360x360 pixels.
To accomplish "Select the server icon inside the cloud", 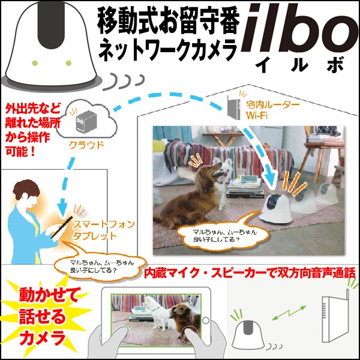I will point(83,122).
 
